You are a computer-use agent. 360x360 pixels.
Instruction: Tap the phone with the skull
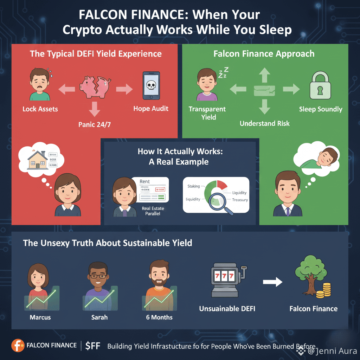(151, 85)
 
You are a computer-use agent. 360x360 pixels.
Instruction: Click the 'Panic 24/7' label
(95, 124)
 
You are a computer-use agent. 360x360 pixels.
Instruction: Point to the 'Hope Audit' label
(151, 109)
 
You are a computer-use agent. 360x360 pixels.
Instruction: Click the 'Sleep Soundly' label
(320, 109)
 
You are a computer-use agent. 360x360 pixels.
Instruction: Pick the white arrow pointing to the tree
(273, 282)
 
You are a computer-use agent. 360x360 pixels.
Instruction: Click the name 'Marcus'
(40, 317)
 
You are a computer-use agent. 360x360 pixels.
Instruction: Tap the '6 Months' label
(159, 317)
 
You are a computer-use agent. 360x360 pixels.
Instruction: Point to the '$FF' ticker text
(93, 346)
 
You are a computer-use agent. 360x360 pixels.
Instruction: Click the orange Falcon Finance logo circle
(18, 346)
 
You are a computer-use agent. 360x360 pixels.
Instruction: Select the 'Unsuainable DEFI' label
(227, 309)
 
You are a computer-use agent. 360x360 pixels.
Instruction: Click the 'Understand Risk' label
(265, 123)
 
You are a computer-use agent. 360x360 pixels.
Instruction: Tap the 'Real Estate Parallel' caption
(153, 211)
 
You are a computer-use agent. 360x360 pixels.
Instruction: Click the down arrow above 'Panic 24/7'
(95, 110)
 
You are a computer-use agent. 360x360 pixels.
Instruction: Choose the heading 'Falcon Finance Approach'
(264, 54)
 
